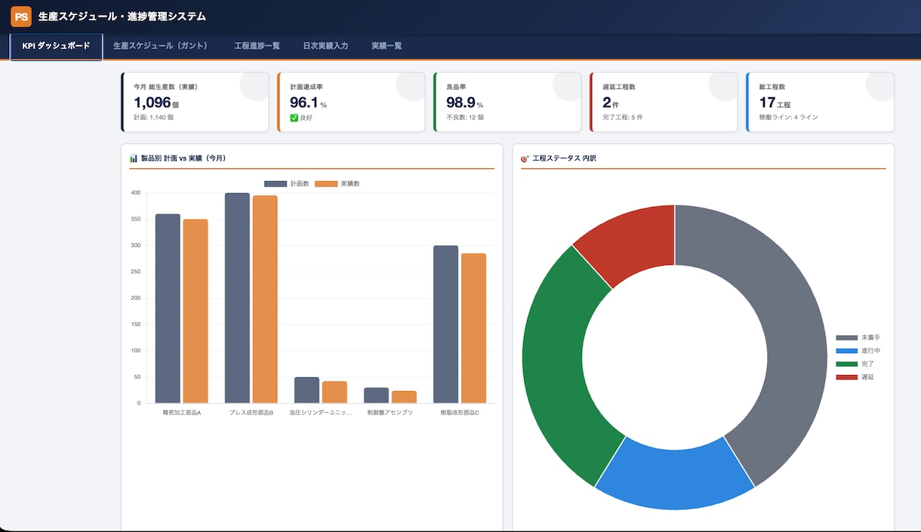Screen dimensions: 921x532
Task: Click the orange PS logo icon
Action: (21, 17)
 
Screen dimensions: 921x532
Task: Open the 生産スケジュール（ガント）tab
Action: (160, 45)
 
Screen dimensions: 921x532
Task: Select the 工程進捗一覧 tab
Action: (257, 45)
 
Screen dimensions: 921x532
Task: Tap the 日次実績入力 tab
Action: (325, 45)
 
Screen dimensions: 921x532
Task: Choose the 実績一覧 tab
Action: (387, 45)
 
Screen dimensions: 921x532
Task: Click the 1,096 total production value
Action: (152, 103)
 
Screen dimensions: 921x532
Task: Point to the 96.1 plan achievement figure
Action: (303, 103)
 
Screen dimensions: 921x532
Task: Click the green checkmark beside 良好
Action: (294, 118)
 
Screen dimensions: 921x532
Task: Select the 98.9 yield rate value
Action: (461, 103)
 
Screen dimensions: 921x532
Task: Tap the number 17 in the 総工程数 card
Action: (767, 103)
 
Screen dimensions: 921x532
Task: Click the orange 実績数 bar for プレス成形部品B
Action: (265, 300)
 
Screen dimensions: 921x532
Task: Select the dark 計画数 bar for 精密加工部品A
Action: (168, 309)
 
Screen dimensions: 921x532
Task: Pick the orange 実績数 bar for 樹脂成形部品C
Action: (473, 328)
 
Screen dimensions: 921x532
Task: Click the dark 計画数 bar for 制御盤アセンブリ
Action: (376, 395)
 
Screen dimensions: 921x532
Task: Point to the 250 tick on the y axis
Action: (136, 272)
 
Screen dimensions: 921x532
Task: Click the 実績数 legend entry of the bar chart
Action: (337, 184)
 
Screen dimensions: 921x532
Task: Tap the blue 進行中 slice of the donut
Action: (674, 477)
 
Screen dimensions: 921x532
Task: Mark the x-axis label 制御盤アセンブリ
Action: (390, 412)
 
